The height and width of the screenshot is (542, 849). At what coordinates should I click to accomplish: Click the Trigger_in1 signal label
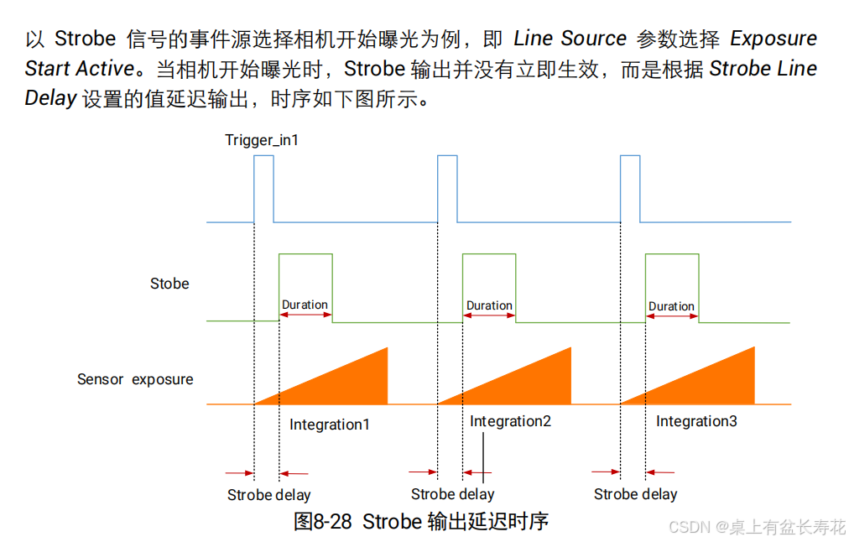261,140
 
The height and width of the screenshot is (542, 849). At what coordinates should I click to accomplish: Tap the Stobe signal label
169,284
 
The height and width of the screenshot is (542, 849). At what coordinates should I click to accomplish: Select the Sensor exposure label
135,379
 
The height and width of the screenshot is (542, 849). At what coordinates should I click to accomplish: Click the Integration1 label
329,425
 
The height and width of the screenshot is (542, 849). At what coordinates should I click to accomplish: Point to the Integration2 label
510,421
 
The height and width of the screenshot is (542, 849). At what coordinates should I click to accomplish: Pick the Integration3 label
696,421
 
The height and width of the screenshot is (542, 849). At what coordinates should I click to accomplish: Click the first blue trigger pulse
263,189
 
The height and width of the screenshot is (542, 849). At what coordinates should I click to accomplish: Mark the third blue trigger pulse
630,189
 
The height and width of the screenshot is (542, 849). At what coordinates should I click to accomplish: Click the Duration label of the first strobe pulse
305,305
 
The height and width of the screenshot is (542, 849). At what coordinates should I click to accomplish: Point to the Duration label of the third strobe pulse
671,306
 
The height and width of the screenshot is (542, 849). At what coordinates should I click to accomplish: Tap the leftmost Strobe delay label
268,495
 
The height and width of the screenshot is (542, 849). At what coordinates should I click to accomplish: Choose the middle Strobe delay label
452,494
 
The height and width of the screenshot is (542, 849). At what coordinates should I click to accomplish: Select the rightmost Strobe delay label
635,494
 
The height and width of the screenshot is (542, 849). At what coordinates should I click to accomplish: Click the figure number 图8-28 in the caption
323,521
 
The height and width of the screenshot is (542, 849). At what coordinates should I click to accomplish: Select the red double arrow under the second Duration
489,315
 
